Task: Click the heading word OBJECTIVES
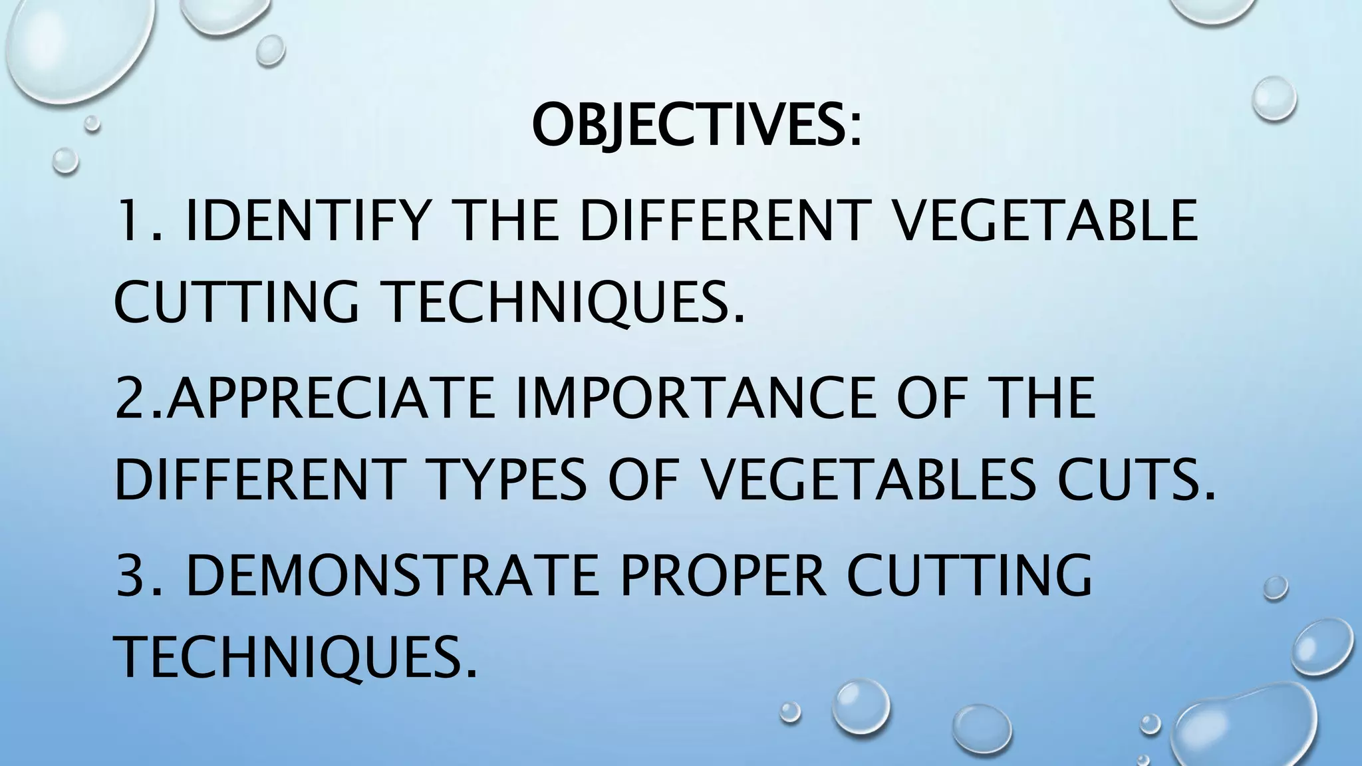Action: click(x=689, y=126)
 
